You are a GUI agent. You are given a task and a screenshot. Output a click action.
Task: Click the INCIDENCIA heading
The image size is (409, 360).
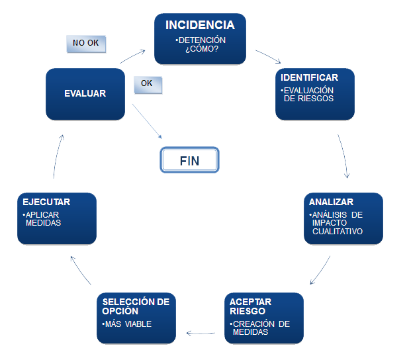(200, 25)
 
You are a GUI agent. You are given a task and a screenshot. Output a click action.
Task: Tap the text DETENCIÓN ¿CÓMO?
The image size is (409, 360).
(200, 45)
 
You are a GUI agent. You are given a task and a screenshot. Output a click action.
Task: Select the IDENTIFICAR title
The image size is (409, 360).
(309, 77)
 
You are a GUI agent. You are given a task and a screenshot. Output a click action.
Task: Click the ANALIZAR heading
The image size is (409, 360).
(332, 202)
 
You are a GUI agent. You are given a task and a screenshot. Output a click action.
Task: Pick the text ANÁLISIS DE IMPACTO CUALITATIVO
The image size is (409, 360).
(338, 223)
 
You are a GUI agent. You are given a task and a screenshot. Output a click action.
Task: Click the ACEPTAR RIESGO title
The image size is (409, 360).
(251, 306)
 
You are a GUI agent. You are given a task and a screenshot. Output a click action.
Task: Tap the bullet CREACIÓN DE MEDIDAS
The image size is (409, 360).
(261, 328)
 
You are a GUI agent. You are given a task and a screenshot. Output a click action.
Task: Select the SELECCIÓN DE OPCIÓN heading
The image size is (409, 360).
(136, 306)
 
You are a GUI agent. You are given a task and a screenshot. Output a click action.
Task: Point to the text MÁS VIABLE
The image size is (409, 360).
(128, 324)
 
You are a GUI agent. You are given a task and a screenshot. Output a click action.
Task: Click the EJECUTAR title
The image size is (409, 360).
(46, 202)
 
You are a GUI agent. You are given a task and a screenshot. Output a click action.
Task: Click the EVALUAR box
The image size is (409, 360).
(85, 94)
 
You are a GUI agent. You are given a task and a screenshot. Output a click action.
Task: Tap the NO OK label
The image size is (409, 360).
(86, 43)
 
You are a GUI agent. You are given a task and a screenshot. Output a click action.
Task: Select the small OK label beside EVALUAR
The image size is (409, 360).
(147, 84)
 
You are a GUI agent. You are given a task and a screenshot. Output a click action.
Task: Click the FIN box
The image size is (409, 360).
(189, 159)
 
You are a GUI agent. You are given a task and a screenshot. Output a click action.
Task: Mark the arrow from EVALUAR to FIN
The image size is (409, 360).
(147, 121)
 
